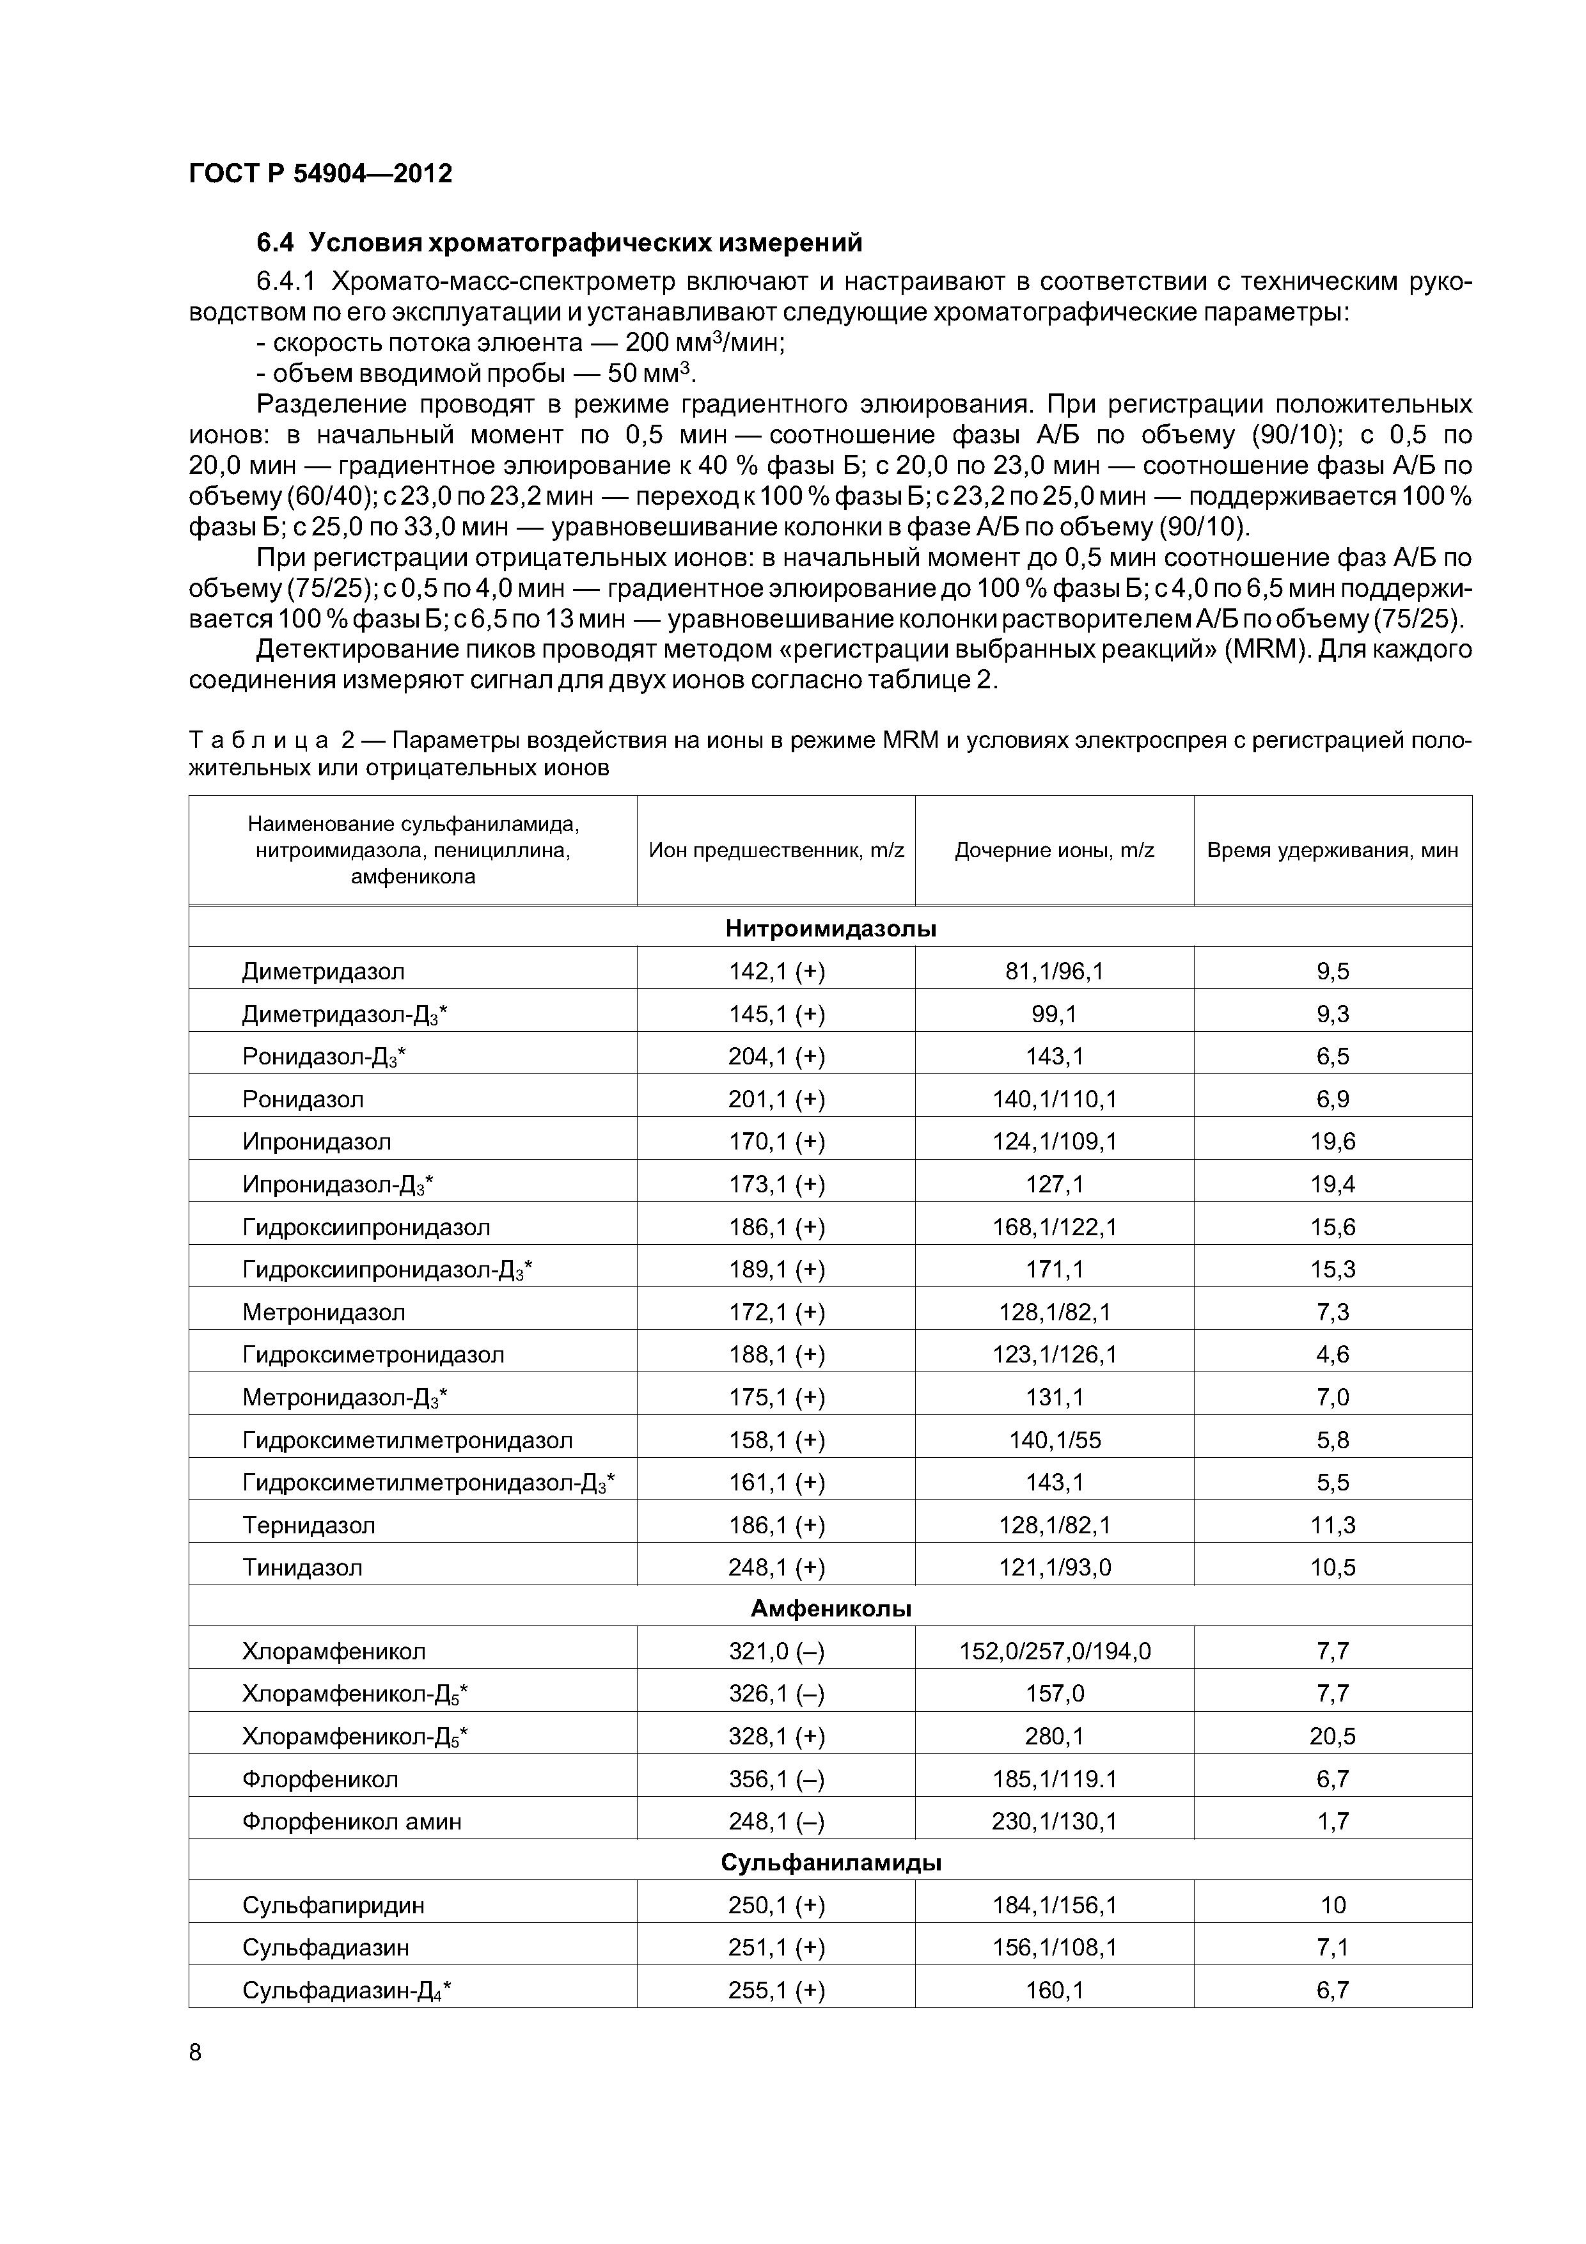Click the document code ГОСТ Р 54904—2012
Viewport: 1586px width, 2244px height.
pyautogui.click(x=320, y=174)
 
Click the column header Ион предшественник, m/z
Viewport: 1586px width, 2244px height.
pyautogui.click(x=776, y=850)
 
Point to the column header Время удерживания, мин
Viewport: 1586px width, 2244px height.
pyautogui.click(x=1332, y=850)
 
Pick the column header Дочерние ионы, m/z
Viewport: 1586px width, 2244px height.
pyautogui.click(x=1055, y=850)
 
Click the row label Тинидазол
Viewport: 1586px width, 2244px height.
pyautogui.click(x=302, y=1568)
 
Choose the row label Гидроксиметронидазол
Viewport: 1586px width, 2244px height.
pyautogui.click(x=373, y=1355)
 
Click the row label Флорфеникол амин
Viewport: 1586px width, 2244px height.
pyautogui.click(x=352, y=1822)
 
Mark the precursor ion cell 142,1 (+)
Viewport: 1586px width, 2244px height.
pyautogui.click(x=776, y=972)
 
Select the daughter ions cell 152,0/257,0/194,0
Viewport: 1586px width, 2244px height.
pyautogui.click(x=1055, y=1652)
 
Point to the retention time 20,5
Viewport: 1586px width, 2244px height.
pyautogui.click(x=1332, y=1737)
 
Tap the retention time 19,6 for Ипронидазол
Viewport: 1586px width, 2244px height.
pyautogui.click(x=1332, y=1142)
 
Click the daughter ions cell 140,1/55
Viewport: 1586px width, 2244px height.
pyautogui.click(x=1055, y=1440)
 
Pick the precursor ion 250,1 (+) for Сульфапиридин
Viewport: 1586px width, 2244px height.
pyautogui.click(x=776, y=1905)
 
